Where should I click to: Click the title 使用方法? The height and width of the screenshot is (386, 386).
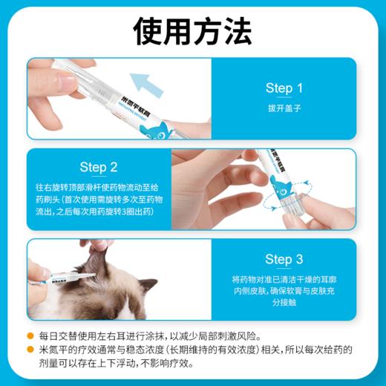(193, 30)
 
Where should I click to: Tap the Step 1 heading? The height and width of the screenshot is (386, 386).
(284, 88)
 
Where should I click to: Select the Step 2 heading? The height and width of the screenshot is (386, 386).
(99, 166)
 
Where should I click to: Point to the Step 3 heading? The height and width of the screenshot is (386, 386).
(284, 259)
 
